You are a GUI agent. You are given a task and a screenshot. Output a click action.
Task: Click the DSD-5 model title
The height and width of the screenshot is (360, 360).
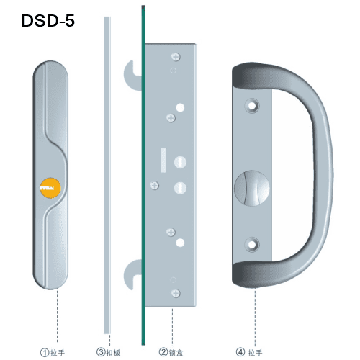click(48, 21)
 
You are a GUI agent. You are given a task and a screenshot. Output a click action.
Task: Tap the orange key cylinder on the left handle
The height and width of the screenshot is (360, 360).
click(50, 188)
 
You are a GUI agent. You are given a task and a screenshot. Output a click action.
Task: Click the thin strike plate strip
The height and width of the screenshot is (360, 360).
click(107, 175)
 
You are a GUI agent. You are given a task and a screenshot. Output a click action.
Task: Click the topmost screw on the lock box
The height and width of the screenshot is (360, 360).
click(176, 57)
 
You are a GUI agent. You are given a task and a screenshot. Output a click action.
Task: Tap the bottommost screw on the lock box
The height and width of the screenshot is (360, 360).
click(176, 293)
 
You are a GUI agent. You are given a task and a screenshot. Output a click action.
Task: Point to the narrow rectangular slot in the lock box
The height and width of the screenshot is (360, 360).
click(163, 160)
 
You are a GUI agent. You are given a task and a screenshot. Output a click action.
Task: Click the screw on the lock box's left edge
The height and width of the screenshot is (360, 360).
click(154, 186)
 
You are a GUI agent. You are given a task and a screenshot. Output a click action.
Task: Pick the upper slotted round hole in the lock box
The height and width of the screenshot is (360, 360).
click(180, 162)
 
